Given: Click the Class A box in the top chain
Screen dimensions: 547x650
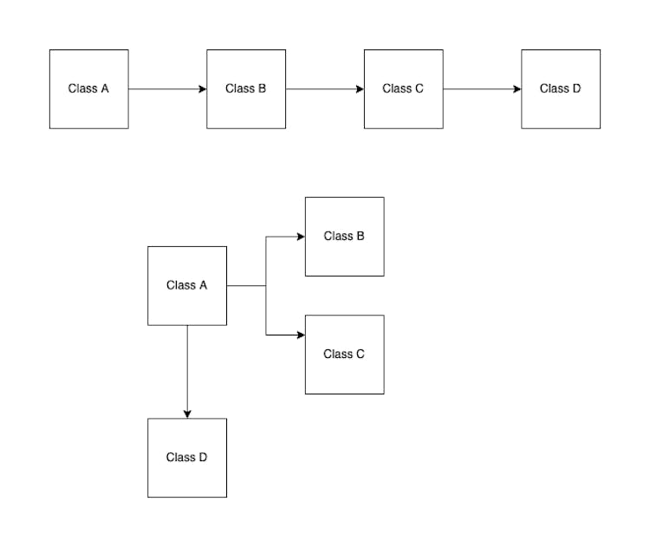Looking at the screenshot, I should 88,88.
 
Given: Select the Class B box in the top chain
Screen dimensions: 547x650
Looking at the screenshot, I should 246,88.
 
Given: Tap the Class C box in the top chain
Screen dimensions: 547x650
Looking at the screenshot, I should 403,88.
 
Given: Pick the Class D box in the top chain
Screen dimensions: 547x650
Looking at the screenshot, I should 560,88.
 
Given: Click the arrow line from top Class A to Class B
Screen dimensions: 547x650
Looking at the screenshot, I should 165,88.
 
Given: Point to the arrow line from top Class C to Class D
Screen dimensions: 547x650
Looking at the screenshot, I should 479,88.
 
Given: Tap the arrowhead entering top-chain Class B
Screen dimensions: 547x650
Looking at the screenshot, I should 203,88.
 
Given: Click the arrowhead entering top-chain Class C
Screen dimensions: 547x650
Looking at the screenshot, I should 360,88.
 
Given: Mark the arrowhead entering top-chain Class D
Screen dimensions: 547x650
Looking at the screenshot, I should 517,88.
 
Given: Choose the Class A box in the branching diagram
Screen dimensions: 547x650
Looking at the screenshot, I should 187,285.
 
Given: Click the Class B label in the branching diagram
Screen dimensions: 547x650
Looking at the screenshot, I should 344,236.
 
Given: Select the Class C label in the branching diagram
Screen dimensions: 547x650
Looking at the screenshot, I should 344,354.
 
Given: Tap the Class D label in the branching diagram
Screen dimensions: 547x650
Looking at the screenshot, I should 187,457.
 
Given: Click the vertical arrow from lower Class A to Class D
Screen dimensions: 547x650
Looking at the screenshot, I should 187,368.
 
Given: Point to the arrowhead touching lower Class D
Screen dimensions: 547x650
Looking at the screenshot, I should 187,414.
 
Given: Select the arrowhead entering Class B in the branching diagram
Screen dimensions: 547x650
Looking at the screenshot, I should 301,236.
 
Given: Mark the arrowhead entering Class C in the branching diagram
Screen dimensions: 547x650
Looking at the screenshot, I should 301,335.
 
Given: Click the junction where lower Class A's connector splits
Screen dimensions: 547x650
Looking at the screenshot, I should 266,285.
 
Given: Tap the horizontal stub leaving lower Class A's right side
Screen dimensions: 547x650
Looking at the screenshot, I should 246,285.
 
